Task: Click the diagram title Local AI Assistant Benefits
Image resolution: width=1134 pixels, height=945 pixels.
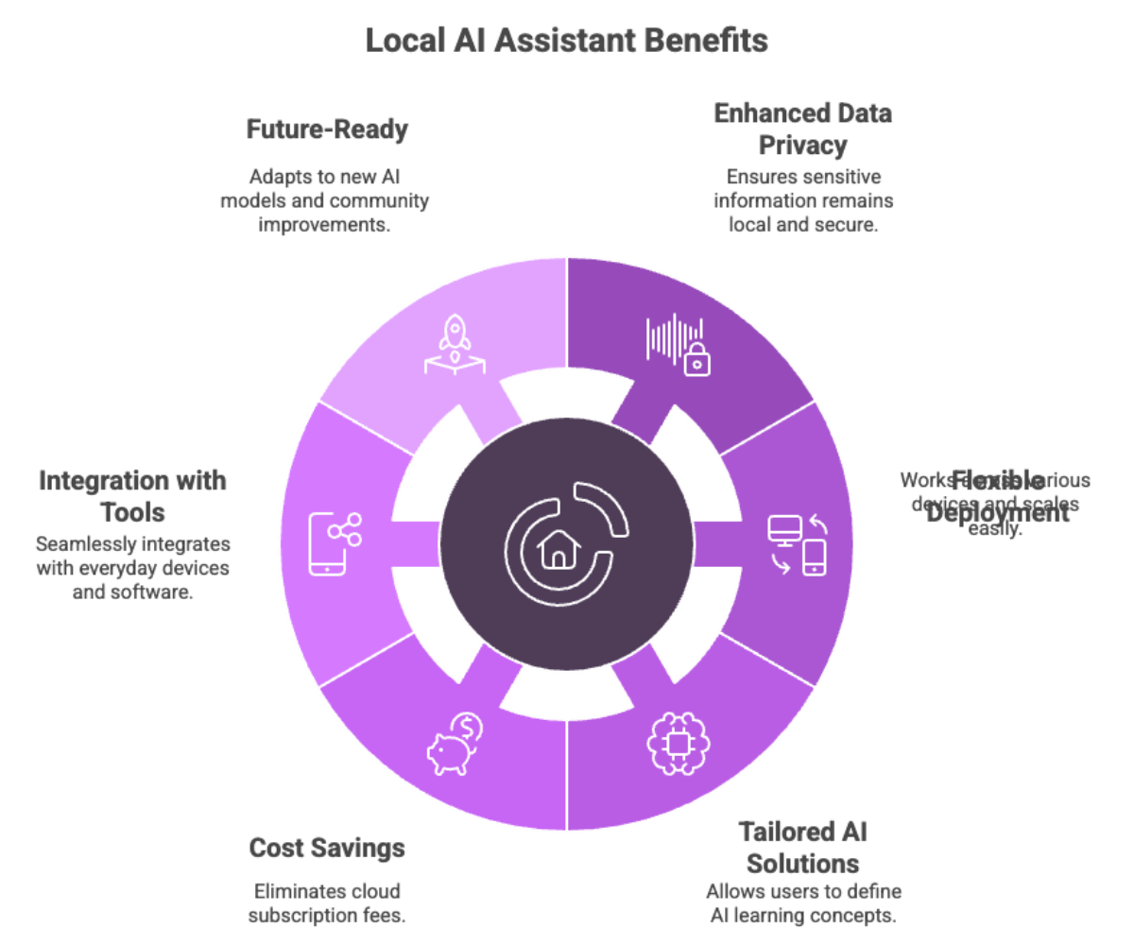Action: (x=566, y=42)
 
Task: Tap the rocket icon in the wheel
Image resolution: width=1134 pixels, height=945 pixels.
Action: (x=453, y=346)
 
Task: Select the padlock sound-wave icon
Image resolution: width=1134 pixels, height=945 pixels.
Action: (x=675, y=346)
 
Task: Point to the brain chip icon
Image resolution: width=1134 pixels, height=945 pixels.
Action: (x=676, y=742)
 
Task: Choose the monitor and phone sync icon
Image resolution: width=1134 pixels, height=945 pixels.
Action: (x=798, y=544)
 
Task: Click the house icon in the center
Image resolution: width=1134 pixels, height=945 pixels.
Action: (x=557, y=550)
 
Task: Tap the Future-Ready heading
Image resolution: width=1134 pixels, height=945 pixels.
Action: (x=327, y=129)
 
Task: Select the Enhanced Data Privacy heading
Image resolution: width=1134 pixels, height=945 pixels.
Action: (x=802, y=129)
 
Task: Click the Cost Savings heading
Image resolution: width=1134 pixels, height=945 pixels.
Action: (x=327, y=848)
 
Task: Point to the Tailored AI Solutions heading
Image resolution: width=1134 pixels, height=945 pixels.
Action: (x=802, y=847)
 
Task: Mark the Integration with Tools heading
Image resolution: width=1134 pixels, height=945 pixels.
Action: (x=132, y=496)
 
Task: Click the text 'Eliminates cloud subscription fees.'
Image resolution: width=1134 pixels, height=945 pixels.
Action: (x=327, y=903)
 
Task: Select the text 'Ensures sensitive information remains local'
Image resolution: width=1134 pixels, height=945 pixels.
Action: (x=802, y=200)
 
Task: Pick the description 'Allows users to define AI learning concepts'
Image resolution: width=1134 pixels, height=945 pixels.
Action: (x=802, y=902)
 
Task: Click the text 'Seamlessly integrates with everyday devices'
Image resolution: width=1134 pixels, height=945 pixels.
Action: (x=132, y=570)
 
